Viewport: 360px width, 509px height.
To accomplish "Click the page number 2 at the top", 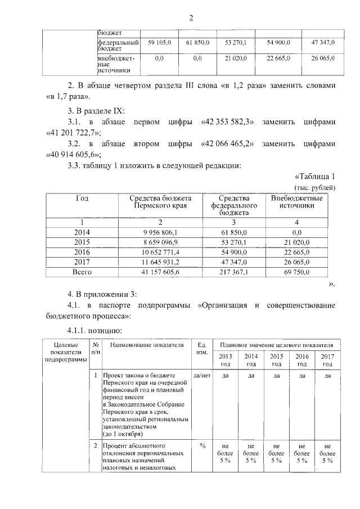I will coord(191,18).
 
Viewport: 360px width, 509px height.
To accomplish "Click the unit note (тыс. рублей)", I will coord(315,187).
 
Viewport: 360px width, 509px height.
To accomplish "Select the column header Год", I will coord(82,198).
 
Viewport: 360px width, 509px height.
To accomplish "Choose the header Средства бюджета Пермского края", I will coord(160,202).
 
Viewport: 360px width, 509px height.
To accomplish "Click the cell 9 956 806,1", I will coord(160,232).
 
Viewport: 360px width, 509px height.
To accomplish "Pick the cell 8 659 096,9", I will coord(160,242).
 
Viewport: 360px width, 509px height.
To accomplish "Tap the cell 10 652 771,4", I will coord(160,252).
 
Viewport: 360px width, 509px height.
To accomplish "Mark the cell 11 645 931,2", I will coord(160,262).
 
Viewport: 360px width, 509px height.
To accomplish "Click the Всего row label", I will coord(82,272).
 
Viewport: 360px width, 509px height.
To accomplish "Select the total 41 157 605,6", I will coord(160,272).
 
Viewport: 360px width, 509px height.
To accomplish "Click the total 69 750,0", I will coord(296,272).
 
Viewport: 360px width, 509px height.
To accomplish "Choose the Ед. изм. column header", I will coord(201,349).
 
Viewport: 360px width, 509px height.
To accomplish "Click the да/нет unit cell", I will coord(201,375).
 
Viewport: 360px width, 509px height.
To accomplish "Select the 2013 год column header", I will coord(224,360).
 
